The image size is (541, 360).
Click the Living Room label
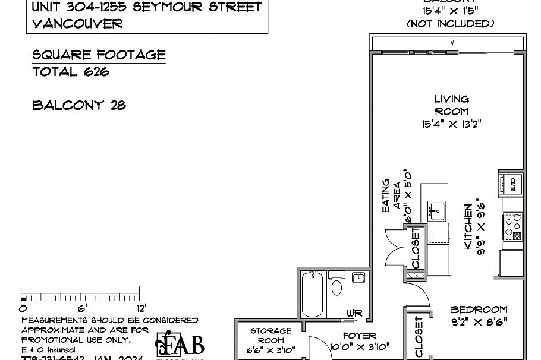pyautogui.click(x=451, y=105)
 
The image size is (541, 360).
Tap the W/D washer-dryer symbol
pyautogui.click(x=513, y=185)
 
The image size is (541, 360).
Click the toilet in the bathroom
pyautogui.click(x=336, y=288)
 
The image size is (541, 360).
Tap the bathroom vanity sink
pyautogui.click(x=358, y=278)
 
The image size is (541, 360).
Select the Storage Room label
pyautogui.click(x=270, y=336)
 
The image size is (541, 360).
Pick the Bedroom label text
pyautogui.click(x=479, y=310)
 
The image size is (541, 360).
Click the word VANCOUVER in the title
pyautogui.click(x=78, y=24)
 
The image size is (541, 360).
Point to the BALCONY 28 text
pyautogui.click(x=79, y=106)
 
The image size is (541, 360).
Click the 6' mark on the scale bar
pyautogui.click(x=81, y=308)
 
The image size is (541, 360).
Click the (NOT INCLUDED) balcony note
pyautogui.click(x=451, y=24)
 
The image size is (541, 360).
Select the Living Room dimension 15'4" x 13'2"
pyautogui.click(x=451, y=125)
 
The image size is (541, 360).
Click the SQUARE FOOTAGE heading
pyautogui.click(x=99, y=55)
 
